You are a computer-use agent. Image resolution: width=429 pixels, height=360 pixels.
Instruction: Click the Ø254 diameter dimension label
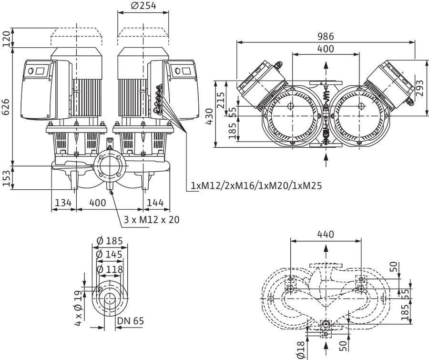tap(143, 5)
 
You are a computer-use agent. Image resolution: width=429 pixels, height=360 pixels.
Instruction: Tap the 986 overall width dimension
tap(326, 36)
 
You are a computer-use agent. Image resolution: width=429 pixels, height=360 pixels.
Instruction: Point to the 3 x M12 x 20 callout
tap(152, 219)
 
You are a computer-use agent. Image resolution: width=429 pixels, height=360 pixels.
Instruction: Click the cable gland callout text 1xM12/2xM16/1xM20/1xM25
tap(256, 186)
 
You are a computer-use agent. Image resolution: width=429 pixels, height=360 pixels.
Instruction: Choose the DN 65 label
tap(130, 321)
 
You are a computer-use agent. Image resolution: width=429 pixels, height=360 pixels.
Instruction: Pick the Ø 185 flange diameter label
tap(110, 241)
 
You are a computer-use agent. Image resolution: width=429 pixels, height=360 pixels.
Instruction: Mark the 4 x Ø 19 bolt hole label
tap(78, 308)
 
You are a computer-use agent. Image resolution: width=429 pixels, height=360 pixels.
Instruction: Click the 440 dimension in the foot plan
tap(326, 234)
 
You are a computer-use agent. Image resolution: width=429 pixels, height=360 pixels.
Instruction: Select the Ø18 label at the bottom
tap(301, 350)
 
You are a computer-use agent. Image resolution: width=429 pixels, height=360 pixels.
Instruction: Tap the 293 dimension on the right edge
tap(419, 88)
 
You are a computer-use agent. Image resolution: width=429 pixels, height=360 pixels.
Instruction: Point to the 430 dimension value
tap(209, 116)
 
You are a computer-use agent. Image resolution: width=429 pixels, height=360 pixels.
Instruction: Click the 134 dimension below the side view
tap(63, 203)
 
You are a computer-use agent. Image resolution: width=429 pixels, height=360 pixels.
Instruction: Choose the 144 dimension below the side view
tap(155, 203)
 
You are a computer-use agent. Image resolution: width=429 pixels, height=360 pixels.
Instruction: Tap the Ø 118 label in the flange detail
tap(110, 270)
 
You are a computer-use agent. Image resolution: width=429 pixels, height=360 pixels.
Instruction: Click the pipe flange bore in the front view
tap(110, 166)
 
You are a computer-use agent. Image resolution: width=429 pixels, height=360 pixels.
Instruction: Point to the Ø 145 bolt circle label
tap(110, 255)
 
